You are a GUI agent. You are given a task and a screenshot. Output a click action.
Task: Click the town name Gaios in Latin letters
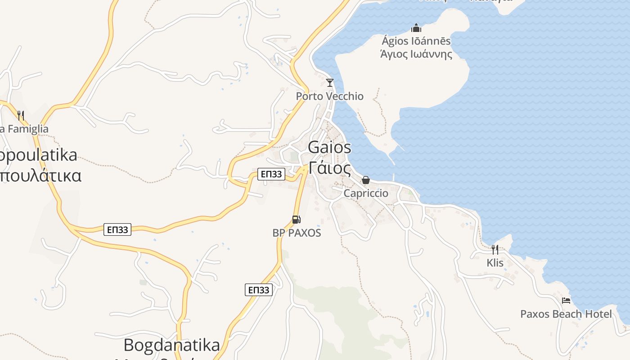coord(330,148)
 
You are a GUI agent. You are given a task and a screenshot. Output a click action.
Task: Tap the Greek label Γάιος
coord(330,168)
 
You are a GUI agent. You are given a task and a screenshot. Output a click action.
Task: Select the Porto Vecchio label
coord(329,96)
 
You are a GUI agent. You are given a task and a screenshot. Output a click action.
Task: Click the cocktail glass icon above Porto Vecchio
coord(330,82)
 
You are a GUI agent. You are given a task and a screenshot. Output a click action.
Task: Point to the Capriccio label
coord(365,193)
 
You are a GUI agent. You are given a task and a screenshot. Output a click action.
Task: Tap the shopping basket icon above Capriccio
coord(365,180)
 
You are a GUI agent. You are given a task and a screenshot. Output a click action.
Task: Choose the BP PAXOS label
coord(297,233)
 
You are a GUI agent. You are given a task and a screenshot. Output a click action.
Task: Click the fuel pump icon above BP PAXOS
coord(296,220)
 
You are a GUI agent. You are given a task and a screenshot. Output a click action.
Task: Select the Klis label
coord(495,263)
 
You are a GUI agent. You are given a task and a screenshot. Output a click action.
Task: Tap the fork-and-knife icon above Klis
coord(495,249)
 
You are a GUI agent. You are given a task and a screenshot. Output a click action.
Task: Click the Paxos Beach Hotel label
coord(566,314)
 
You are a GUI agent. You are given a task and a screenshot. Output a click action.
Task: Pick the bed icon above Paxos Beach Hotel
coord(566,300)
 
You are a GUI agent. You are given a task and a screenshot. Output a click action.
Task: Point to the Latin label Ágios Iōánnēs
coord(416,41)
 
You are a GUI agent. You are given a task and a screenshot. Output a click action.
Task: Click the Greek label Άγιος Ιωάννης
coord(416,54)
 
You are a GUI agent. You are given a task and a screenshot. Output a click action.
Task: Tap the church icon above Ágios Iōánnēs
coord(416,28)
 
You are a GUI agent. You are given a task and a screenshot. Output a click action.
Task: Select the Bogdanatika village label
coord(172,346)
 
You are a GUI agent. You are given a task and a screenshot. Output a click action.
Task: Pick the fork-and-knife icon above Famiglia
coord(20,115)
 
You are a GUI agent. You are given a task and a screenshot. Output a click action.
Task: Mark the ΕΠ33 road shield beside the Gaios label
coord(271,174)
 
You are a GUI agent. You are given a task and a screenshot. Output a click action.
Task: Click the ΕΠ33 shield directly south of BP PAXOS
coord(259,290)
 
